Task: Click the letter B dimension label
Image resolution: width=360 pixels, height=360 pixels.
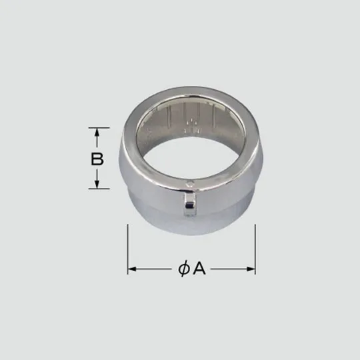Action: click(97, 159)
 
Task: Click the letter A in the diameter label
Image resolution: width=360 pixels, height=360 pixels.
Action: click(198, 269)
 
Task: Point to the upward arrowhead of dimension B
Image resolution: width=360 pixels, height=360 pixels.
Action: click(97, 133)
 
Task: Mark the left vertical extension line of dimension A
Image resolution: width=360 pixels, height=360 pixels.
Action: click(128, 250)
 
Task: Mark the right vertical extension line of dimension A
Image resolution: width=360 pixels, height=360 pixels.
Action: click(255, 250)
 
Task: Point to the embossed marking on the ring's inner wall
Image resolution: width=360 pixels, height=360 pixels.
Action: click(192, 124)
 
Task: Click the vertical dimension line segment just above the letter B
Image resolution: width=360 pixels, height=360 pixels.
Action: click(97, 143)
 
